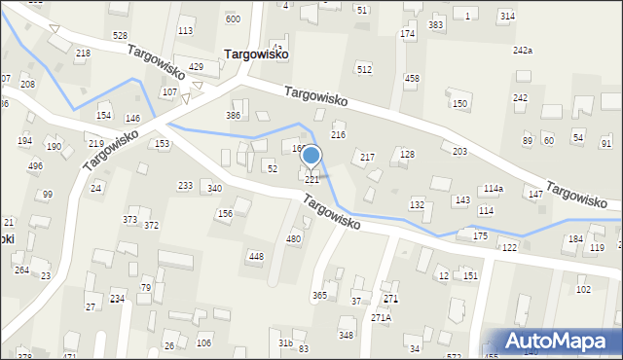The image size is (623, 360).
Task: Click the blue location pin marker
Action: pos(311,156)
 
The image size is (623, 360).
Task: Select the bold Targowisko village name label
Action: pos(255,55)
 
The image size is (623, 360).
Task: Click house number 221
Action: pos(312,180)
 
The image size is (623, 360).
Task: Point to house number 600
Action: pos(233,18)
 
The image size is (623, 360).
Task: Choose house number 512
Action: pos(364,69)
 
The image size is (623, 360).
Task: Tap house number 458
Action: pos(412,78)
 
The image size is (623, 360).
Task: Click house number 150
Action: pos(459,103)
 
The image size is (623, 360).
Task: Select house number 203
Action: pos(459,152)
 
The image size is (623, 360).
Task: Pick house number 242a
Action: pos(523,50)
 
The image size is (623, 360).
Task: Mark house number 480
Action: pos(293,238)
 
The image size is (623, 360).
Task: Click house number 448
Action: pos(256,256)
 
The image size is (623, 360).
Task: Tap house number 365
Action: pos(319,295)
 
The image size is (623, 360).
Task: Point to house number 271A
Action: pos(381,317)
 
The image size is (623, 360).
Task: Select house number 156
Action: pos(225,213)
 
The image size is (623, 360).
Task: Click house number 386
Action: pos(234,115)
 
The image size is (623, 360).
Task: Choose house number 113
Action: pos(185,30)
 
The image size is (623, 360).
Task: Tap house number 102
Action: pos(584,289)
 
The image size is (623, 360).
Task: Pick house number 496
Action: pos(35,165)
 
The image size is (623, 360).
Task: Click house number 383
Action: pos(436,24)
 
